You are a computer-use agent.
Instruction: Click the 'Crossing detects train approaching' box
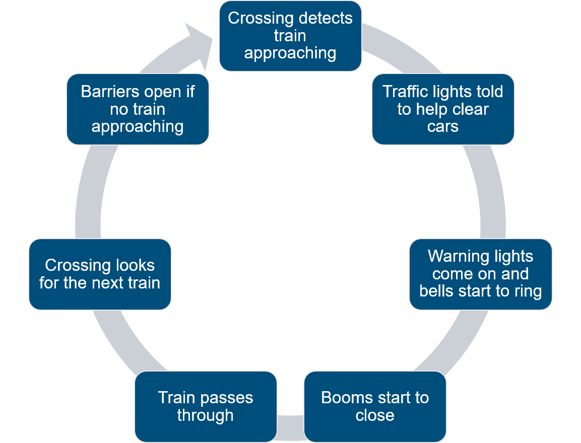click(x=290, y=36)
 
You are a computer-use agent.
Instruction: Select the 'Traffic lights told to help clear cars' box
click(x=443, y=109)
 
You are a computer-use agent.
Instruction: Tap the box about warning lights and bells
click(x=480, y=274)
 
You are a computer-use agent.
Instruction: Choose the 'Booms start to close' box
click(x=375, y=407)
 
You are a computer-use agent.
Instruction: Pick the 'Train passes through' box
click(x=206, y=407)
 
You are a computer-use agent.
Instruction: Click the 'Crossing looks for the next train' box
click(x=100, y=274)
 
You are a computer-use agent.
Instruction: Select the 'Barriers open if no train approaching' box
click(x=138, y=109)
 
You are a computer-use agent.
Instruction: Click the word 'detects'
click(x=324, y=18)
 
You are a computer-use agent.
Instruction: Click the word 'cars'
click(x=443, y=126)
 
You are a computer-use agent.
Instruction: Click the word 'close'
click(x=375, y=416)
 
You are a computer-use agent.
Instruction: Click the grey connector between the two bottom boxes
click(x=290, y=423)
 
